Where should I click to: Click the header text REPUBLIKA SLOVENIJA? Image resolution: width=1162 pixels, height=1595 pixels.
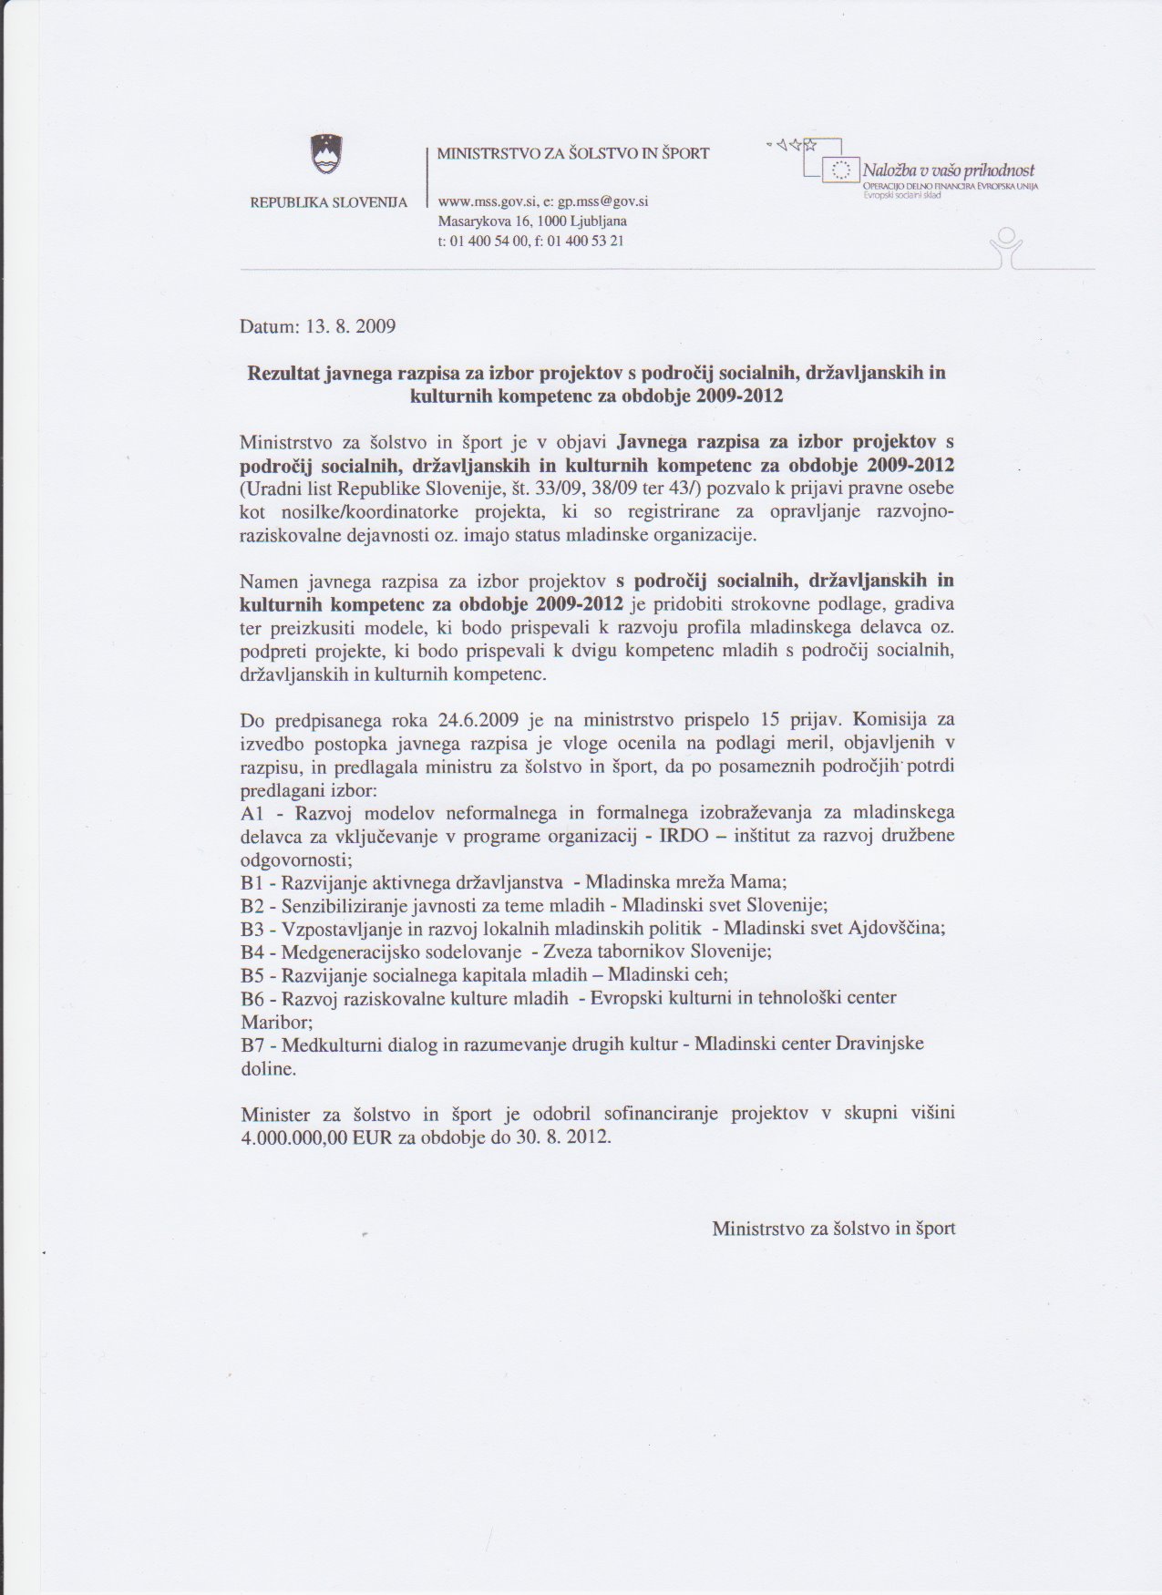click(x=328, y=201)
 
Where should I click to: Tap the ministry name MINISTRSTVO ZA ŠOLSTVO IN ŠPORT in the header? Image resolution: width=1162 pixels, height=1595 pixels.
click(x=572, y=153)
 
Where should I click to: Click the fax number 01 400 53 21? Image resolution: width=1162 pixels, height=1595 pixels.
click(x=586, y=242)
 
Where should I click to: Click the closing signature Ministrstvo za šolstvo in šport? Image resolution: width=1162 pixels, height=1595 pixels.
click(x=833, y=1229)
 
